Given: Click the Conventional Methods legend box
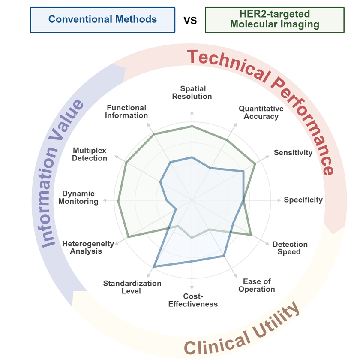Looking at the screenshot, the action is point(103,20).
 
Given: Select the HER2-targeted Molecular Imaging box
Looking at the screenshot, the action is point(275,20).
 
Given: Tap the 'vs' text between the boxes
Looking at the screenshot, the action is point(190,20).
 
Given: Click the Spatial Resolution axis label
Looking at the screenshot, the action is point(192,92).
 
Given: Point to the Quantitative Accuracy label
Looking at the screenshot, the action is point(261,112).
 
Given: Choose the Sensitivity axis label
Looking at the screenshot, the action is point(293,153).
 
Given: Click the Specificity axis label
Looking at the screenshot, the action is point(303,200).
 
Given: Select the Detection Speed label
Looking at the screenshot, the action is point(290,248).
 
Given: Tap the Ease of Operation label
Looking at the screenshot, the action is point(257,285).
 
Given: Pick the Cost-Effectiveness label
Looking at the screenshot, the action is point(193,300).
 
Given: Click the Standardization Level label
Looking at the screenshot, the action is point(132,287).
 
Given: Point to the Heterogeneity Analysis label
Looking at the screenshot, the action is point(88,247).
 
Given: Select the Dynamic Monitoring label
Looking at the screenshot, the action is point(78,197).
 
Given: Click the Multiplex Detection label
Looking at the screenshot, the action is point(90,154).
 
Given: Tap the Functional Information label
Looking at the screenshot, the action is point(126,112).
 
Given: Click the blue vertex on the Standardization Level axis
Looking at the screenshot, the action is point(154,267).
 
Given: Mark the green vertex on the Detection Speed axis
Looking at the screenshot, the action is point(251,235).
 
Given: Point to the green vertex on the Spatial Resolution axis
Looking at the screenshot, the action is point(192,126).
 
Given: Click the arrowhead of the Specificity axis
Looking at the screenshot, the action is point(279,200).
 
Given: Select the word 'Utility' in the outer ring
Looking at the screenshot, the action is point(276,324).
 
